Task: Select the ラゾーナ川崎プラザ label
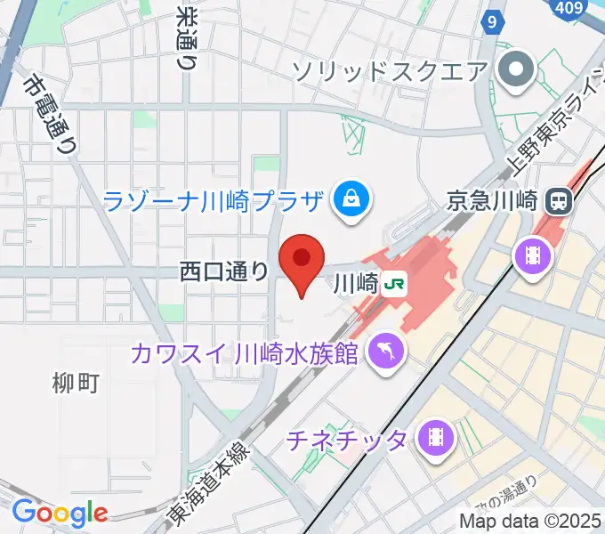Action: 212,200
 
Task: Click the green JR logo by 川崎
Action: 394,285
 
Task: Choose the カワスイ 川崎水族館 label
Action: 245,352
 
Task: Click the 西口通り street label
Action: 223,271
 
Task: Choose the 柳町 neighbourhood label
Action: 76,384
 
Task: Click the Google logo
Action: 60,514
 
